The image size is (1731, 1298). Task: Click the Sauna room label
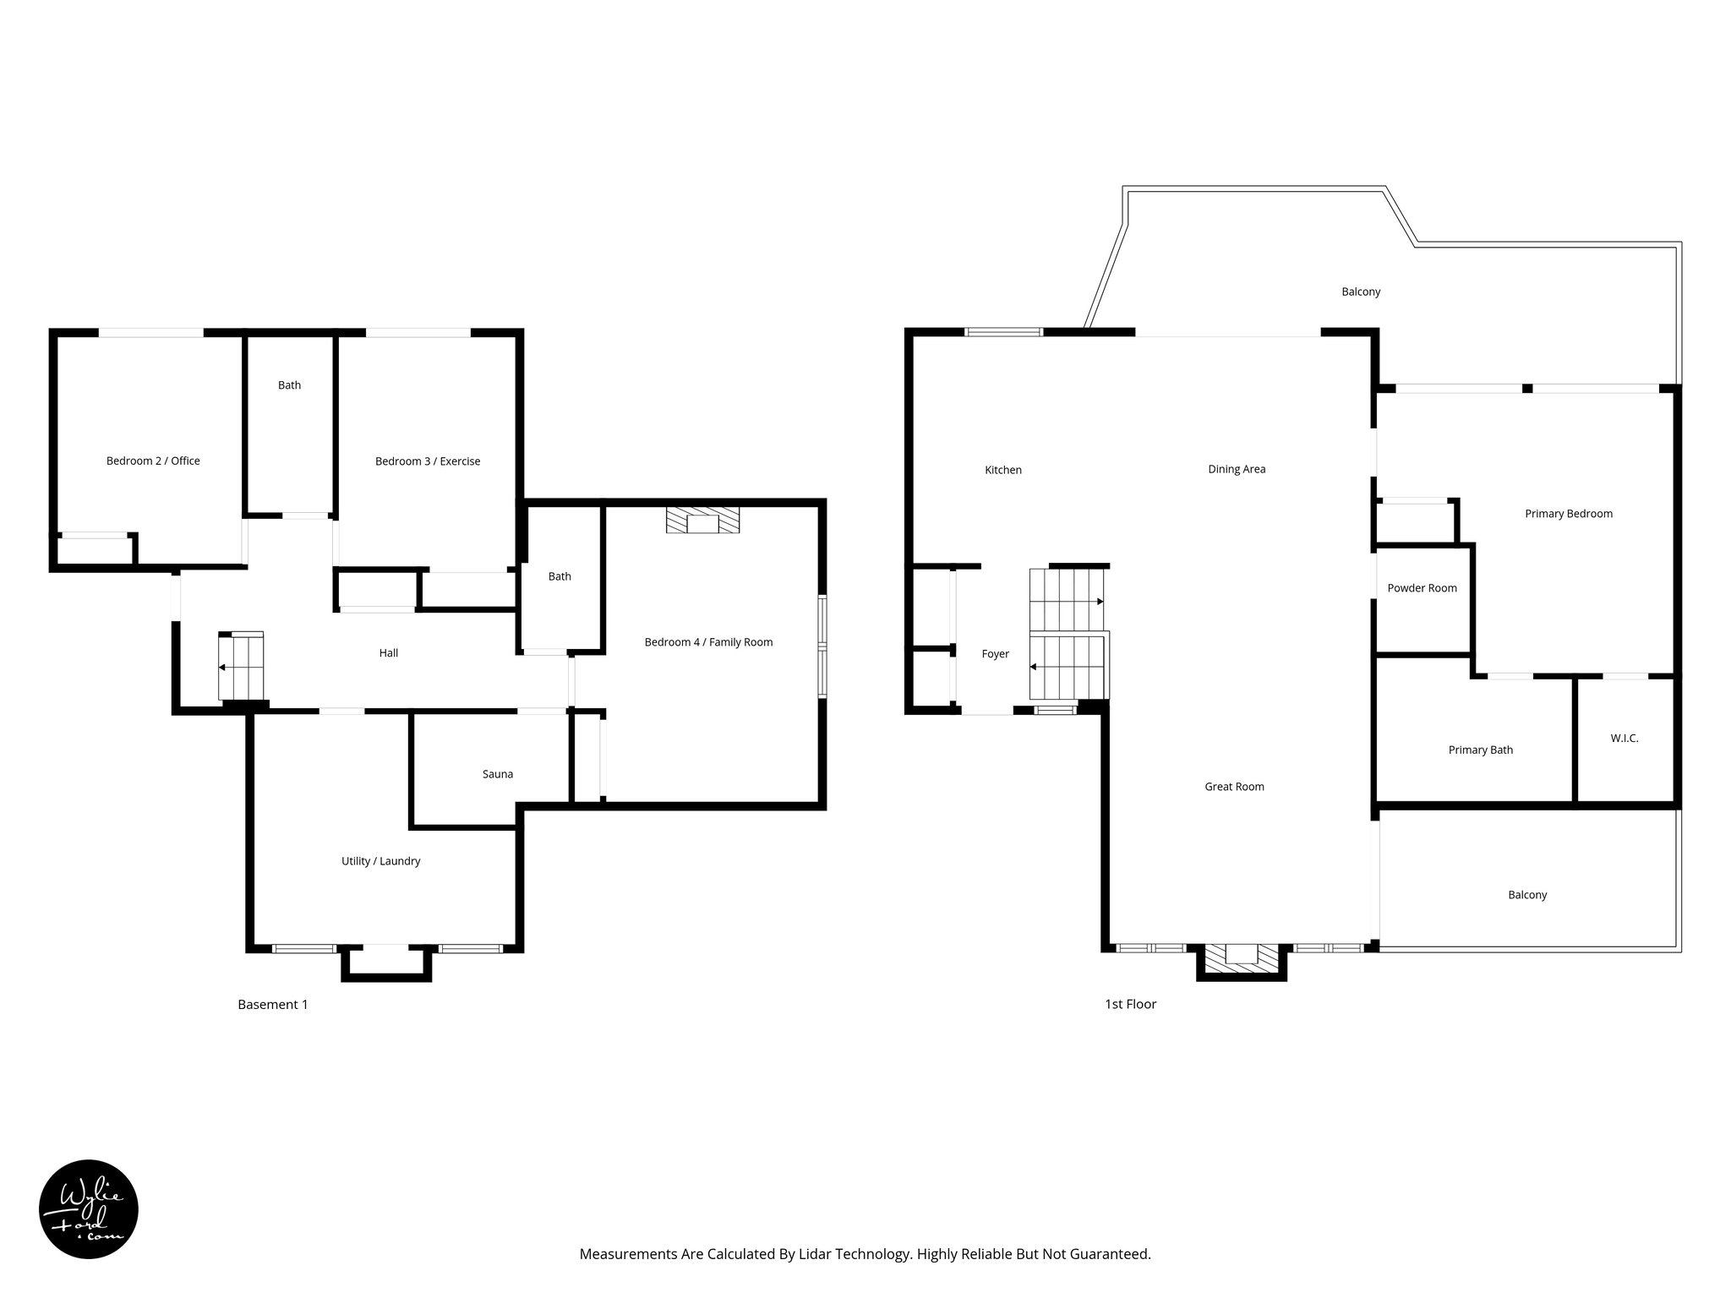(x=497, y=774)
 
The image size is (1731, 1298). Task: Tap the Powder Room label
(x=1422, y=588)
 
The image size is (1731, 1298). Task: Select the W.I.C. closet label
(x=1624, y=739)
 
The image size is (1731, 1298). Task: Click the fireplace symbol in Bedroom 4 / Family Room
(x=702, y=521)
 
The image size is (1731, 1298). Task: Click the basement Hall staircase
(x=241, y=666)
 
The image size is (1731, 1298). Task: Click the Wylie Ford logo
(x=89, y=1209)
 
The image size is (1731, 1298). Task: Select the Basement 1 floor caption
(x=272, y=1005)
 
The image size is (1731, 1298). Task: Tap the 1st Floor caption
(x=1130, y=1004)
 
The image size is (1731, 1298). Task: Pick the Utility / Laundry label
(x=380, y=861)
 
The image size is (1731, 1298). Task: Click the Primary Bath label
(x=1480, y=750)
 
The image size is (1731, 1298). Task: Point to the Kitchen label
(x=1003, y=470)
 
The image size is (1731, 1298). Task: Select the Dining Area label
(x=1237, y=469)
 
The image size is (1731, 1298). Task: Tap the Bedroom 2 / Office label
(x=153, y=461)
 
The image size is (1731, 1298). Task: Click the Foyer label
(x=995, y=654)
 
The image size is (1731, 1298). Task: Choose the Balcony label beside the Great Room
(x=1526, y=895)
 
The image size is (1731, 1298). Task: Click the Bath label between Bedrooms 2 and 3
(x=289, y=385)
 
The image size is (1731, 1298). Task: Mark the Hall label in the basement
(x=388, y=653)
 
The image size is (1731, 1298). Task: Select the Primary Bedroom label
(x=1568, y=514)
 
